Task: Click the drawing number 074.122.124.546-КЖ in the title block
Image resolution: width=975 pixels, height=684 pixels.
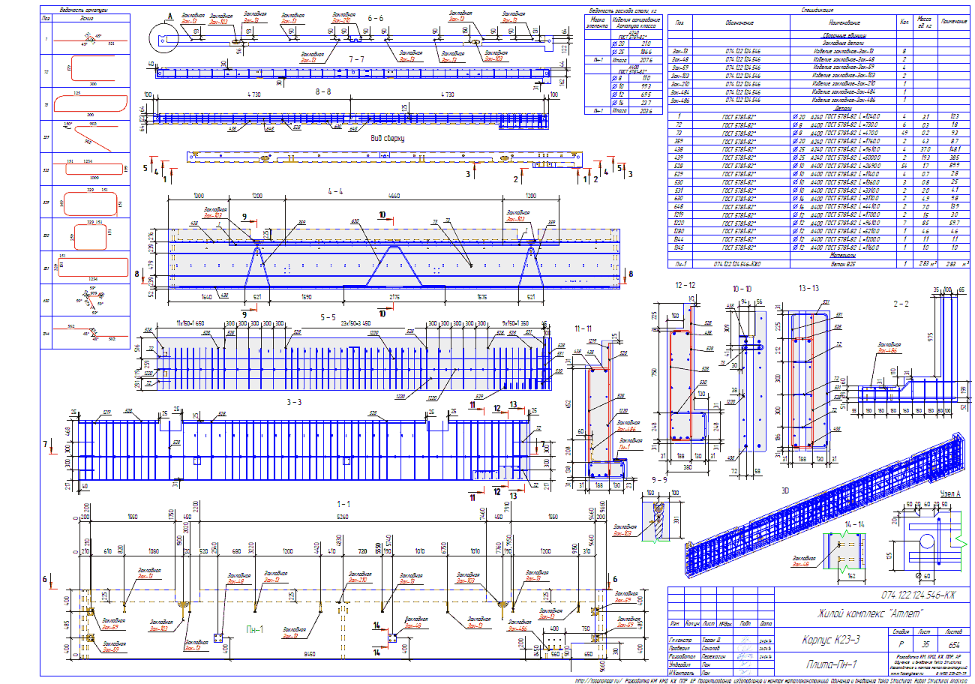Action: click(x=918, y=595)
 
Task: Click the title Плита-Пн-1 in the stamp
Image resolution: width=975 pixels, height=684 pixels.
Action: click(x=832, y=664)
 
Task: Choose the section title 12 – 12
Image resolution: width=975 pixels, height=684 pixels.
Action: click(x=685, y=286)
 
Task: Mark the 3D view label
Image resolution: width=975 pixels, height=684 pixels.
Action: click(x=784, y=491)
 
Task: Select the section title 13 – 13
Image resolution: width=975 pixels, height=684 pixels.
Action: click(x=810, y=288)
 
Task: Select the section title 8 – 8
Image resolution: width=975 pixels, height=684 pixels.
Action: click(x=322, y=90)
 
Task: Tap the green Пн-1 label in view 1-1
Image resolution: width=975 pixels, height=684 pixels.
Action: click(x=255, y=630)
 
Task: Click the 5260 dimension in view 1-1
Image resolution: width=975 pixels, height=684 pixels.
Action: click(x=343, y=517)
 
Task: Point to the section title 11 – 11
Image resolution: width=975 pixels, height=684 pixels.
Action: click(x=583, y=328)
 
